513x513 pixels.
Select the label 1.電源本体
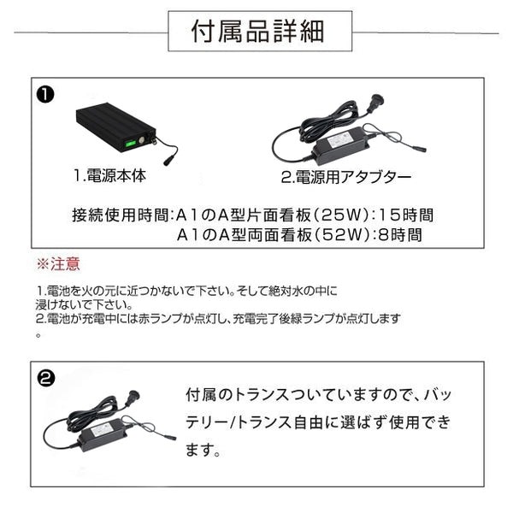click(109, 177)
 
